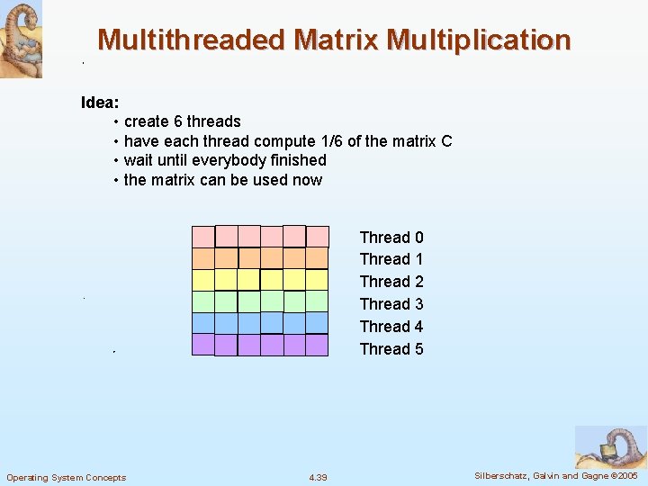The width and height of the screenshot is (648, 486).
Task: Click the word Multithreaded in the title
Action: coord(191,40)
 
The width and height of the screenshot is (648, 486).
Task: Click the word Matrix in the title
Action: coord(336,40)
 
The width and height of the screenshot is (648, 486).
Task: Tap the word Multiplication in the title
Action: coord(479,40)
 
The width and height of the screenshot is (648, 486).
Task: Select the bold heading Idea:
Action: coord(100,102)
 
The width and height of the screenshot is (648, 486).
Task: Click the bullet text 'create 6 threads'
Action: coord(182,121)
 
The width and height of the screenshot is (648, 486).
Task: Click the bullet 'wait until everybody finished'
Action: coord(225,160)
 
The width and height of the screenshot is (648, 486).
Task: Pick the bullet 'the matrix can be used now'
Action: coord(222,180)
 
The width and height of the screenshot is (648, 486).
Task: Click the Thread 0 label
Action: coord(391,238)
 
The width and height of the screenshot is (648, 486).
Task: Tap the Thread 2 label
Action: coord(391,282)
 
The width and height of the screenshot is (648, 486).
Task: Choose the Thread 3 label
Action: coord(391,304)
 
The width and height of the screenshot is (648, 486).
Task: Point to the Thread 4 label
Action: coord(391,327)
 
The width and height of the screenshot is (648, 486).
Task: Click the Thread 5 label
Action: coord(391,349)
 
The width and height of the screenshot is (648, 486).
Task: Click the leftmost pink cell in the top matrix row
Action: coord(203,237)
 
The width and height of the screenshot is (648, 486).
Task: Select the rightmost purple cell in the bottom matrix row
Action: coord(317,345)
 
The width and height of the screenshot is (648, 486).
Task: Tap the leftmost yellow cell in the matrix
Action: coord(203,280)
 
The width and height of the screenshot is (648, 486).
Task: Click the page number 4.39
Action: coord(318,477)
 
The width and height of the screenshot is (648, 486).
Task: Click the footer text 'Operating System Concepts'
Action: coord(67,477)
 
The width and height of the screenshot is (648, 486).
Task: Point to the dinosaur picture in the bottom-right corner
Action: coord(610,446)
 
